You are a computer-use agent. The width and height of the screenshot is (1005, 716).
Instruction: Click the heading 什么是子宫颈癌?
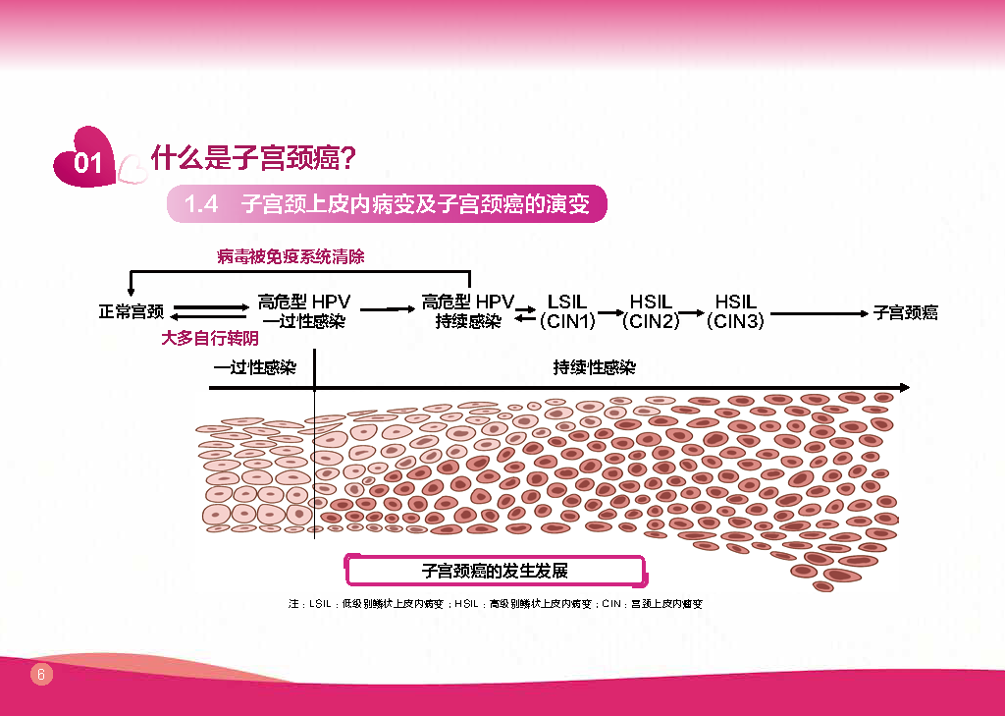tap(252, 157)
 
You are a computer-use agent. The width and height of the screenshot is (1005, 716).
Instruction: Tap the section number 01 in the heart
tap(88, 163)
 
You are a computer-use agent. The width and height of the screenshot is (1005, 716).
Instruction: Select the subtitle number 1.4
tap(200, 204)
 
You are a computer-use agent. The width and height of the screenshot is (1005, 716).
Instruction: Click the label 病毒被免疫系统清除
tap(291, 257)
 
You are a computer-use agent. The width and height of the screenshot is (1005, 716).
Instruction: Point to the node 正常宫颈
tap(131, 312)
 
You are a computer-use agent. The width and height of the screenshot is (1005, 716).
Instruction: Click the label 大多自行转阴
tap(210, 338)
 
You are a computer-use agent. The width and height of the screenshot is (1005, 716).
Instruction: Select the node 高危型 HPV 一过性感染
tap(303, 311)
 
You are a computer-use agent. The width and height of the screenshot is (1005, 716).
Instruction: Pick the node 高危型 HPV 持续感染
tap(468, 311)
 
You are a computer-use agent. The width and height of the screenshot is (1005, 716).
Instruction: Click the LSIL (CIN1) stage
tap(567, 311)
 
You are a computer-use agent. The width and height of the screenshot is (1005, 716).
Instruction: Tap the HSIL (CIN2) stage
tap(651, 311)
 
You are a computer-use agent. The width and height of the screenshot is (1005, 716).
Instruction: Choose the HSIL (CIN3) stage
tap(735, 311)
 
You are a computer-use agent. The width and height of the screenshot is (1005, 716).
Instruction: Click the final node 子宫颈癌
tap(906, 312)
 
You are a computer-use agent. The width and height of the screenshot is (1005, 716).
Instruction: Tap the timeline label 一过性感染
tap(255, 368)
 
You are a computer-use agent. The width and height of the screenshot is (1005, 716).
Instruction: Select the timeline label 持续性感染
tap(594, 367)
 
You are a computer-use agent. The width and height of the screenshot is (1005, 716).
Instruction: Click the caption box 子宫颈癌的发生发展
tap(495, 571)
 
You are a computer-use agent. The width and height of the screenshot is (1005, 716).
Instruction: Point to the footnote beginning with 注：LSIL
tap(495, 604)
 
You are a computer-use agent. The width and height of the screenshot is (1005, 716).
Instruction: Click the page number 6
tap(40, 674)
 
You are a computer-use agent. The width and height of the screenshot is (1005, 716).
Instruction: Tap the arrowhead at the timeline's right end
tap(904, 387)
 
